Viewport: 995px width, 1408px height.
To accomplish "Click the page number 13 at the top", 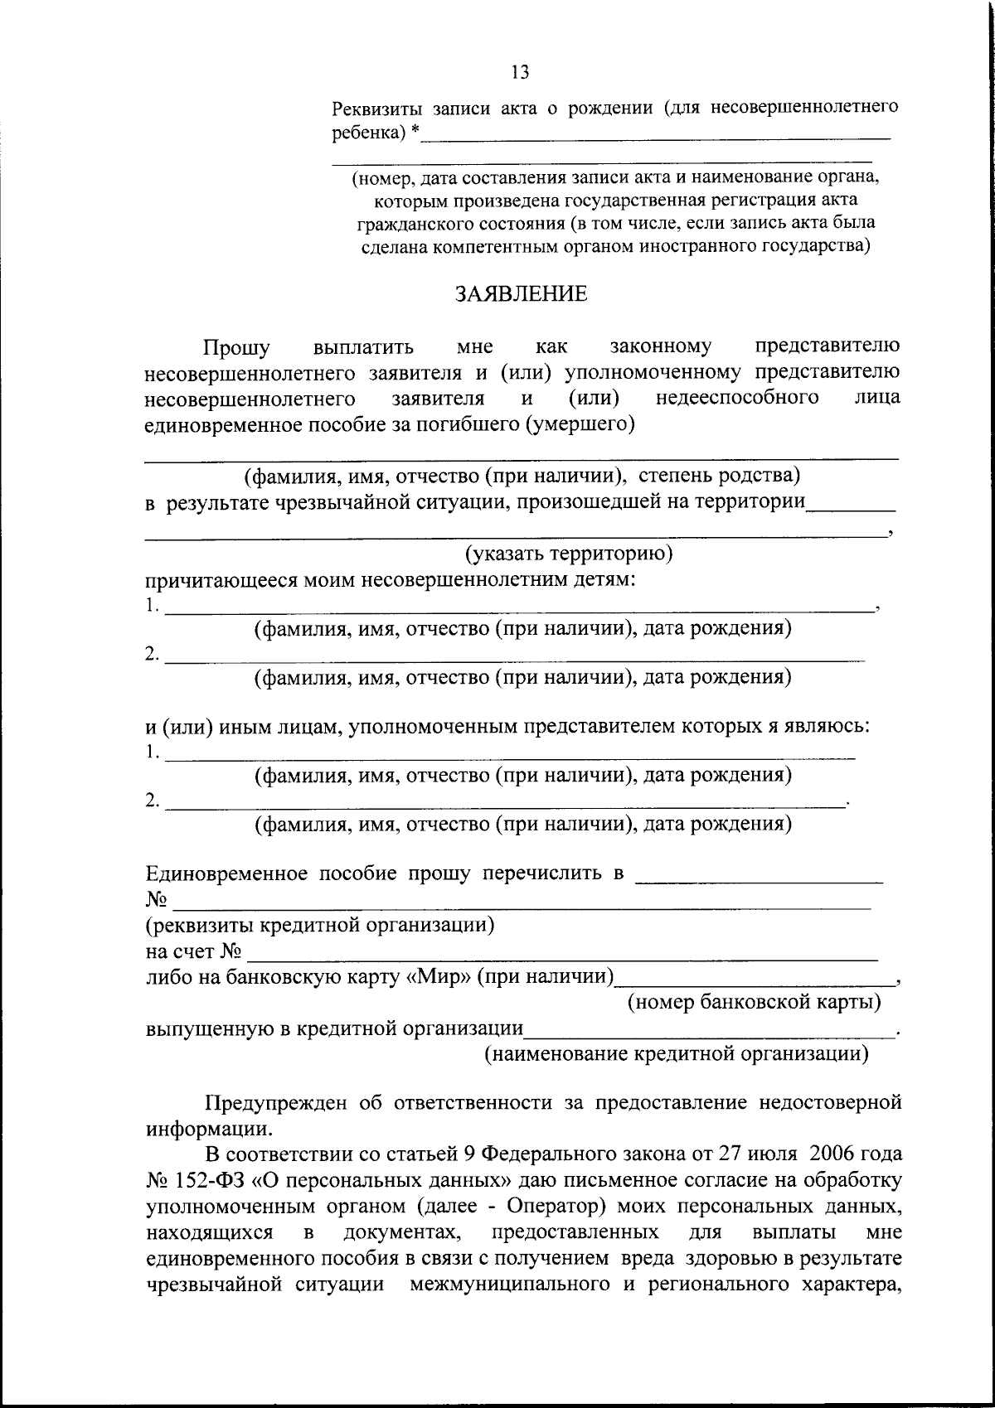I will click(520, 72).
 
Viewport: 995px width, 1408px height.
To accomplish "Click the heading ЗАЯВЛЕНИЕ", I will click(521, 294).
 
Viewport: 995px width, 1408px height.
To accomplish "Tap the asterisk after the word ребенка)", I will click(415, 132).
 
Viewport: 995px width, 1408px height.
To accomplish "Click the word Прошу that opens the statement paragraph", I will click(237, 346).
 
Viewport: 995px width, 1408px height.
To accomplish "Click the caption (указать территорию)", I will click(568, 553).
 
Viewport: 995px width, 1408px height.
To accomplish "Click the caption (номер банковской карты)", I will click(754, 1002).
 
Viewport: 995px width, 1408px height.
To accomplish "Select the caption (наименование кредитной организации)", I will click(676, 1053).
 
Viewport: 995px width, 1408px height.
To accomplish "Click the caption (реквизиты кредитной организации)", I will click(320, 924).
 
